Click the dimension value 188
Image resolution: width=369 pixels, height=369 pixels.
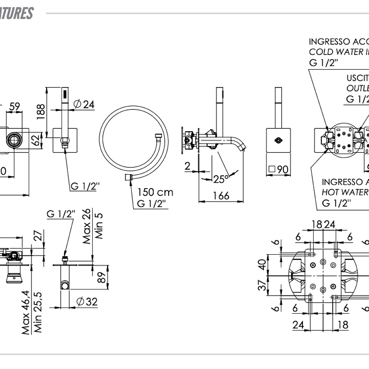40,111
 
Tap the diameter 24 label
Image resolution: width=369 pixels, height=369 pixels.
84,105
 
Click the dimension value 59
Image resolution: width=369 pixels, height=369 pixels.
15,106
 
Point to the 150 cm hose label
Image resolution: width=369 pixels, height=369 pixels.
155,192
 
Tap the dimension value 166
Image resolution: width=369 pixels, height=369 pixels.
221,196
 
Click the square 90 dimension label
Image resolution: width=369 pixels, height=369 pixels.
278,169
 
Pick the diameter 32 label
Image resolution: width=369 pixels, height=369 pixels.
87,302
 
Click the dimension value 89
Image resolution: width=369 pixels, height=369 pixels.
102,279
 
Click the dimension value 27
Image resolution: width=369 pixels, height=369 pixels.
38,237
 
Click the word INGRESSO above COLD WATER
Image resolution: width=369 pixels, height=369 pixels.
328,41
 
